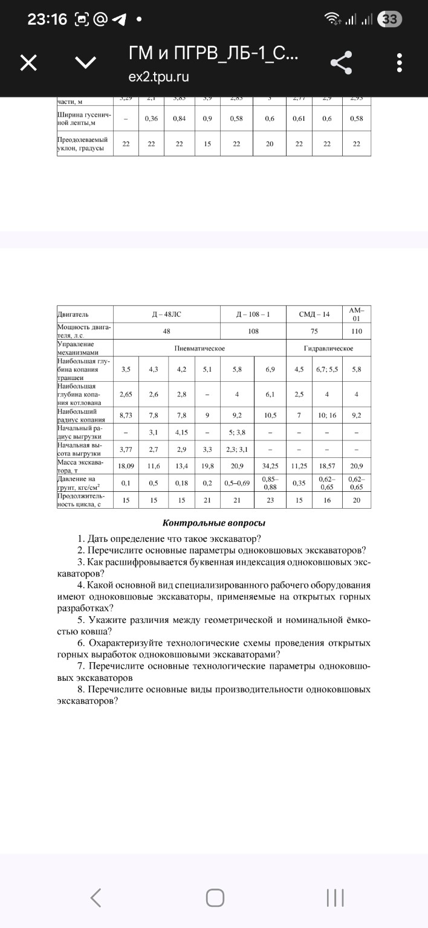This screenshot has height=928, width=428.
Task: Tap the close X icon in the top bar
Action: pyautogui.click(x=29, y=63)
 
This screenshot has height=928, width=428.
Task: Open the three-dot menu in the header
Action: pyautogui.click(x=399, y=63)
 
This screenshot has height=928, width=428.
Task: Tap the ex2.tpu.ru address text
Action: pyautogui.click(x=158, y=77)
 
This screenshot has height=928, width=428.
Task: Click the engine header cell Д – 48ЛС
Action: pyautogui.click(x=166, y=314)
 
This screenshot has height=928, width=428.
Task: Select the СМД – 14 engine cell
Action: pyautogui.click(x=314, y=314)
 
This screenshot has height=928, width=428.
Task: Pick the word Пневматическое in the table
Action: pyautogui.click(x=199, y=349)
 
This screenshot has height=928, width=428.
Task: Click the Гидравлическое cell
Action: pyautogui.click(x=328, y=349)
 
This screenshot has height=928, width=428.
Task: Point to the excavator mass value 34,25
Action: pyautogui.click(x=270, y=466)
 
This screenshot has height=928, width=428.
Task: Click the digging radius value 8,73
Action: pyautogui.click(x=126, y=415)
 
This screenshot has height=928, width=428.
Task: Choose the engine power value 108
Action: pyautogui.click(x=253, y=331)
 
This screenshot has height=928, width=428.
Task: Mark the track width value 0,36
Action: pyautogui.click(x=151, y=119)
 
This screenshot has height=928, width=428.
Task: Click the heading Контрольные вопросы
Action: pyautogui.click(x=214, y=523)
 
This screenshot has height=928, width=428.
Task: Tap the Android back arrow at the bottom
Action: pyautogui.click(x=95, y=897)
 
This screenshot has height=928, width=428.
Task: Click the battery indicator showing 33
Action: pyautogui.click(x=390, y=19)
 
